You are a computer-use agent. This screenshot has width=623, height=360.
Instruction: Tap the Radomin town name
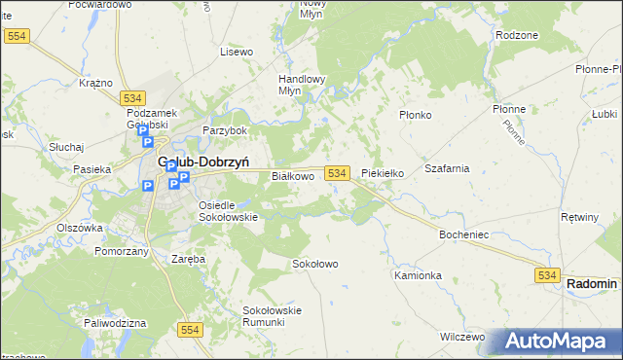[592, 283]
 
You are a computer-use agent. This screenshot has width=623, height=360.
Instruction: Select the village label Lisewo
[237, 52]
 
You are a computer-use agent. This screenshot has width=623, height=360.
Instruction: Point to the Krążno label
[95, 83]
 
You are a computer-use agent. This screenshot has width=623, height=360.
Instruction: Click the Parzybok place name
[225, 129]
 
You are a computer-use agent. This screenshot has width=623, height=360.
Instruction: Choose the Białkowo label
[292, 176]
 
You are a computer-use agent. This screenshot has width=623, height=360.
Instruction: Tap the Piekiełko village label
[383, 173]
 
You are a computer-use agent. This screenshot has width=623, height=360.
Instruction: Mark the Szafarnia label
[447, 168]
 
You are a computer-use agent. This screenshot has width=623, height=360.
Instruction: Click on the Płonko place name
[416, 114]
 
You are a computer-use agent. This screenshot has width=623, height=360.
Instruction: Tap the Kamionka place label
[418, 275]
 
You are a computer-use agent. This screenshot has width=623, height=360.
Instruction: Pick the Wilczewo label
[462, 337]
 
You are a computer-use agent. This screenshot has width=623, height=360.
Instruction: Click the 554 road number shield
[190, 331]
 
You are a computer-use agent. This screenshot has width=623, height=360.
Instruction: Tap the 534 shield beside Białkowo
[337, 172]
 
